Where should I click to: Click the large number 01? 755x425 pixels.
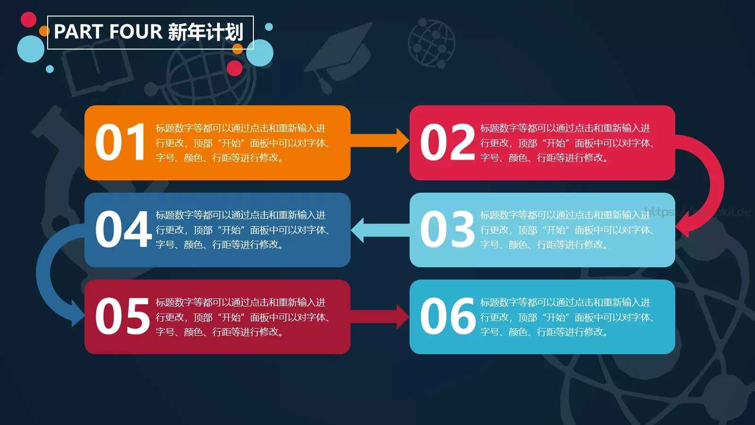point(121,142)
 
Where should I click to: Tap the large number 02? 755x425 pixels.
point(447,142)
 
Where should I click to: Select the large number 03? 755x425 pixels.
point(447,229)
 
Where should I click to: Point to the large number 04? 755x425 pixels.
point(123,229)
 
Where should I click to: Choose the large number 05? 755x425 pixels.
point(122,316)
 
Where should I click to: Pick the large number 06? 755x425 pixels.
point(447,316)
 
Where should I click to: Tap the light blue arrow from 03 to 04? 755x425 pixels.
point(380,230)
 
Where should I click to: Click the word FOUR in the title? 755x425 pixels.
point(135,32)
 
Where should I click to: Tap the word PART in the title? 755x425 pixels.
point(78,32)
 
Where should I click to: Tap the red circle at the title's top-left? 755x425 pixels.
point(29,19)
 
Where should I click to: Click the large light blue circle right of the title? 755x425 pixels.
point(260,53)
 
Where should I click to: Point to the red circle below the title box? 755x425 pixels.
point(235,68)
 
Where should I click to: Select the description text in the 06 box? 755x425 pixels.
point(566,317)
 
